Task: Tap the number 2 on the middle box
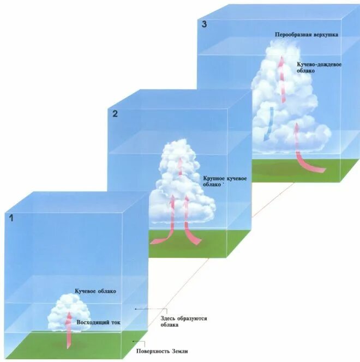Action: click(x=115, y=114)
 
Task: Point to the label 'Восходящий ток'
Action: click(x=98, y=322)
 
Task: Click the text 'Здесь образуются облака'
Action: click(x=183, y=321)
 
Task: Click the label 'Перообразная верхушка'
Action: click(x=307, y=34)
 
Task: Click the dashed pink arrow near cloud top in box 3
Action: click(x=282, y=76)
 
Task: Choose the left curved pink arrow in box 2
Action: click(x=167, y=229)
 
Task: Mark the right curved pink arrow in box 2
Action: click(x=188, y=229)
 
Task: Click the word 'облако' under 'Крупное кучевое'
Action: click(x=212, y=185)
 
